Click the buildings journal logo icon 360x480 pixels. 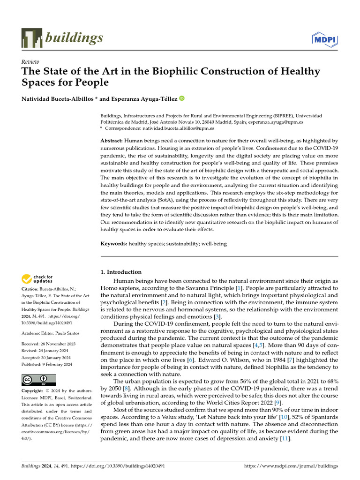point(31,38)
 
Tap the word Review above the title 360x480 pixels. point(30,62)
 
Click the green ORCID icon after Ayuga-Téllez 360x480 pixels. point(181,98)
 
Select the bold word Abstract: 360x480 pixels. point(112,141)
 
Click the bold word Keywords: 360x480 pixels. point(114,244)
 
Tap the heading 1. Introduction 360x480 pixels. point(121,272)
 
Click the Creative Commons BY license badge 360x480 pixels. point(38,380)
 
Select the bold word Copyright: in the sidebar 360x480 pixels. point(33,391)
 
